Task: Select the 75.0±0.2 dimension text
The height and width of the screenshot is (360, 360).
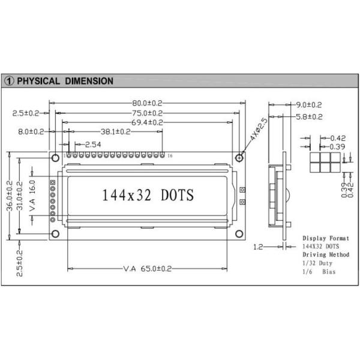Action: pyautogui.click(x=147, y=112)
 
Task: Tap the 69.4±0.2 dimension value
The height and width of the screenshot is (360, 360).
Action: pyautogui.click(x=147, y=122)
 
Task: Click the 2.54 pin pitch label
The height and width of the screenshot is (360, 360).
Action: pyautogui.click(x=92, y=145)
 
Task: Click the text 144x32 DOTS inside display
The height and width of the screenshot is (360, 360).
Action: pyautogui.click(x=148, y=196)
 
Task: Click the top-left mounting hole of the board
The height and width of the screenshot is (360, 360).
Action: pyautogui.click(x=55, y=157)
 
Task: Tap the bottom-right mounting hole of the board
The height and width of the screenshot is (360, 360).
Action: pyautogui.click(x=239, y=234)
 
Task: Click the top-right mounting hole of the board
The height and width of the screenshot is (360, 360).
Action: pyautogui.click(x=239, y=157)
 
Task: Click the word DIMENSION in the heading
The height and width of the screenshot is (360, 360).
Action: pyautogui.click(x=89, y=80)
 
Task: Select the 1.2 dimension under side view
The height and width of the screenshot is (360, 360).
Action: pyautogui.click(x=258, y=247)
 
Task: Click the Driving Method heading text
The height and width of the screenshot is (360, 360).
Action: pyautogui.click(x=325, y=255)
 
